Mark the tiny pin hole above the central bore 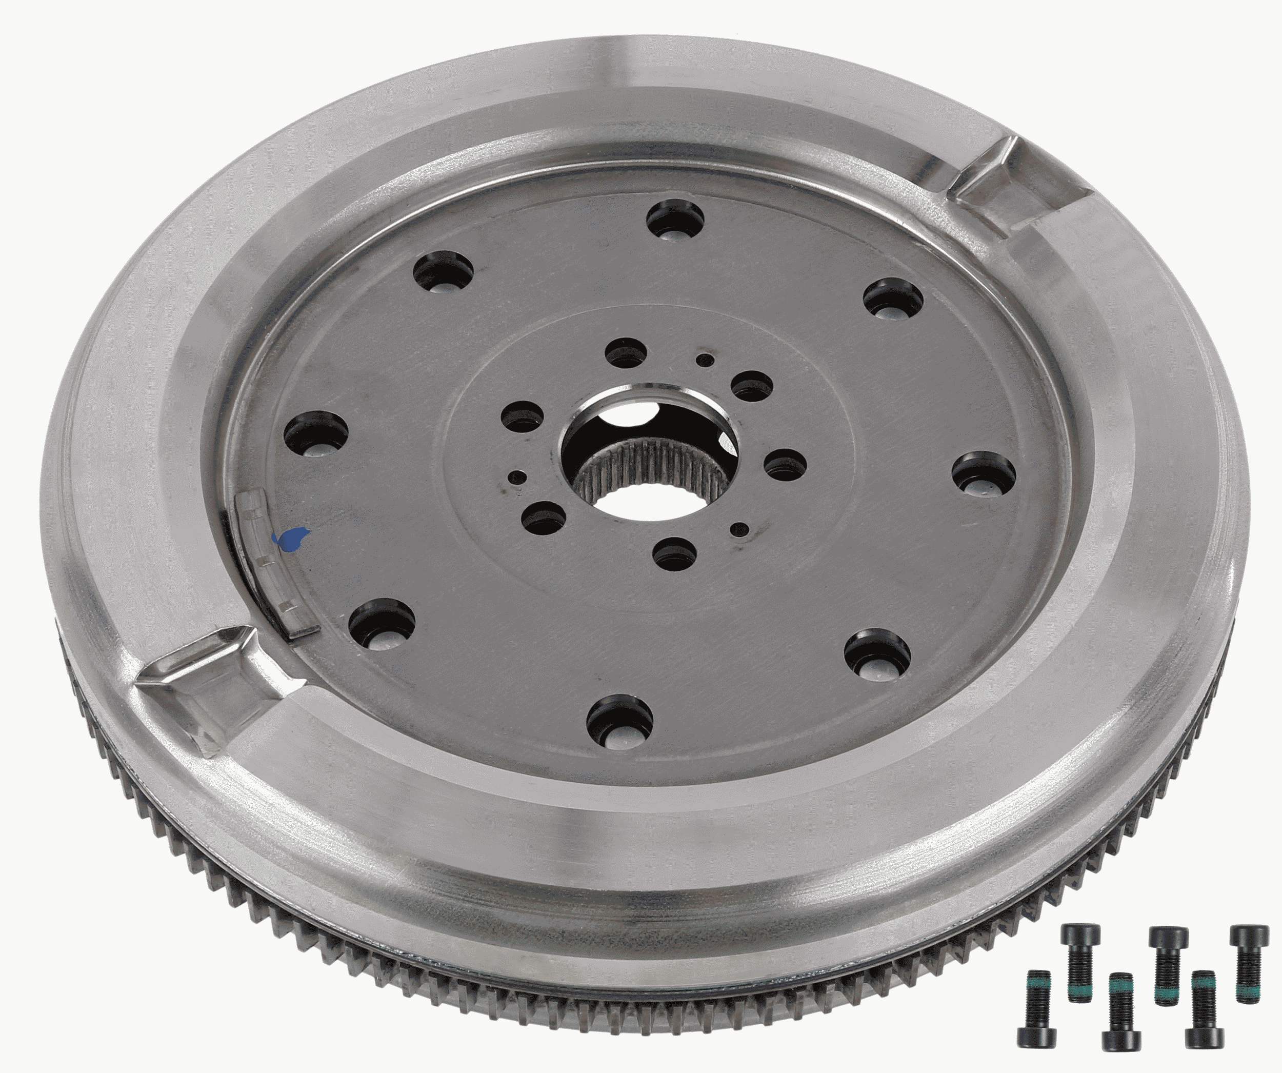pos(706,360)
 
